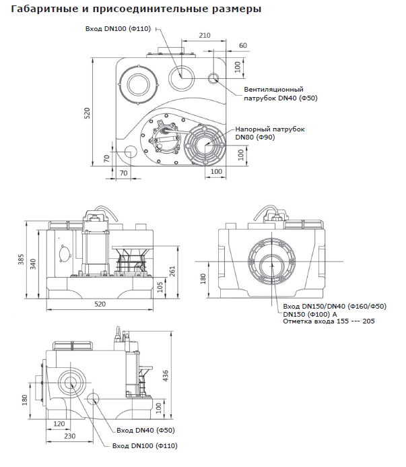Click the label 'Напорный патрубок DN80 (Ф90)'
pos(270,133)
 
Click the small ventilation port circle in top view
pos(215,80)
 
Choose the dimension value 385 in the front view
pos(21,260)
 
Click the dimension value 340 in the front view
pos(34,265)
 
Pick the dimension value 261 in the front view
pos(172,270)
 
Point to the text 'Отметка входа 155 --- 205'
pos(328,321)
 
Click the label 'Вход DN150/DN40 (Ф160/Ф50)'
pos(335,307)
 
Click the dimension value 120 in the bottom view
pos(59,425)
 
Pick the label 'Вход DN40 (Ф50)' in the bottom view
pos(145,430)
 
